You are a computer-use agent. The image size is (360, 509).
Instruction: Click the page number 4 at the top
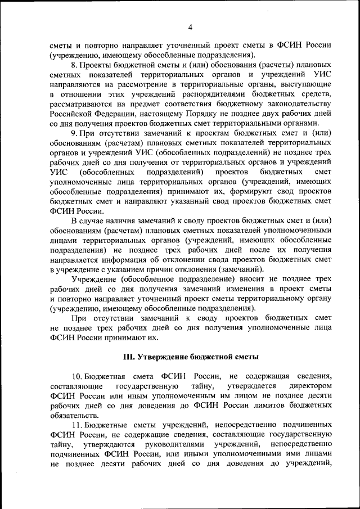[x=190, y=28]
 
